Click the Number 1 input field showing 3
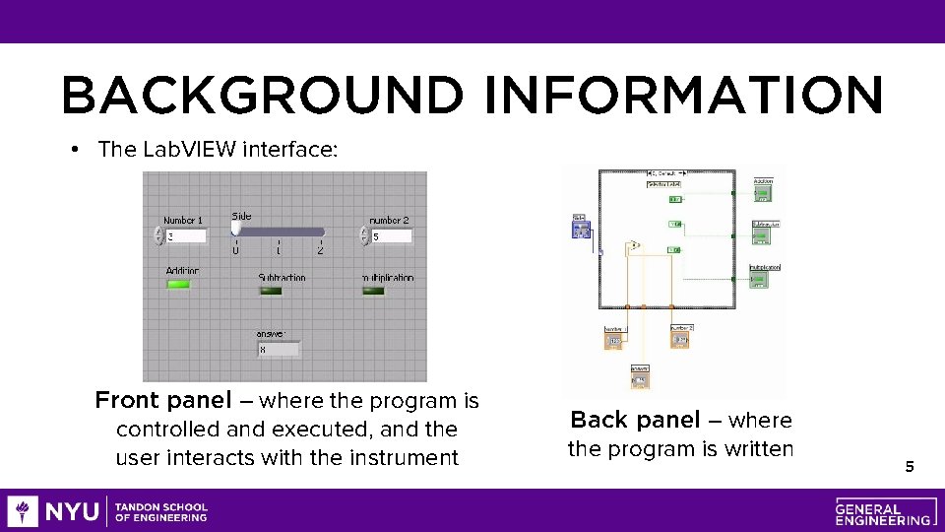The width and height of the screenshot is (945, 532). [186, 236]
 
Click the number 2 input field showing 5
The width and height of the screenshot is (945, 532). [391, 236]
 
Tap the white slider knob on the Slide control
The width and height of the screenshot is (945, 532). [235, 229]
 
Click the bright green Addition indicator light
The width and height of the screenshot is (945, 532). [178, 285]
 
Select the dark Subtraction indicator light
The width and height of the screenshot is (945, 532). [270, 291]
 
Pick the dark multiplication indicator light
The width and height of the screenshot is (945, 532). [374, 291]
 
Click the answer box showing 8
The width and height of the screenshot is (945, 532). [279, 349]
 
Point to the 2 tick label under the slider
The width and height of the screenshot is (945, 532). [320, 251]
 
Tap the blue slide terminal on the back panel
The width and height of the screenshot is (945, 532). [581, 229]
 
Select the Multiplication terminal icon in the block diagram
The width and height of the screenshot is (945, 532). [764, 280]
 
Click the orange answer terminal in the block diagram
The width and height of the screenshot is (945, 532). [640, 379]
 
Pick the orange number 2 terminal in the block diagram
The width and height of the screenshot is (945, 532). [682, 340]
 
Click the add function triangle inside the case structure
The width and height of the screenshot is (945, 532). [635, 244]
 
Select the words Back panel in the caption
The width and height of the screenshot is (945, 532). [635, 421]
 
